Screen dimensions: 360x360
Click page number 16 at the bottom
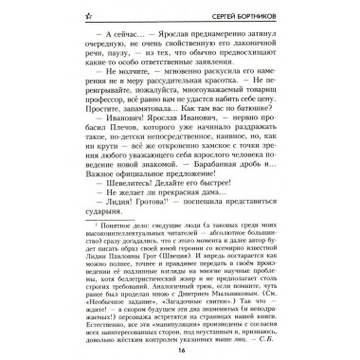coord(179,348)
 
